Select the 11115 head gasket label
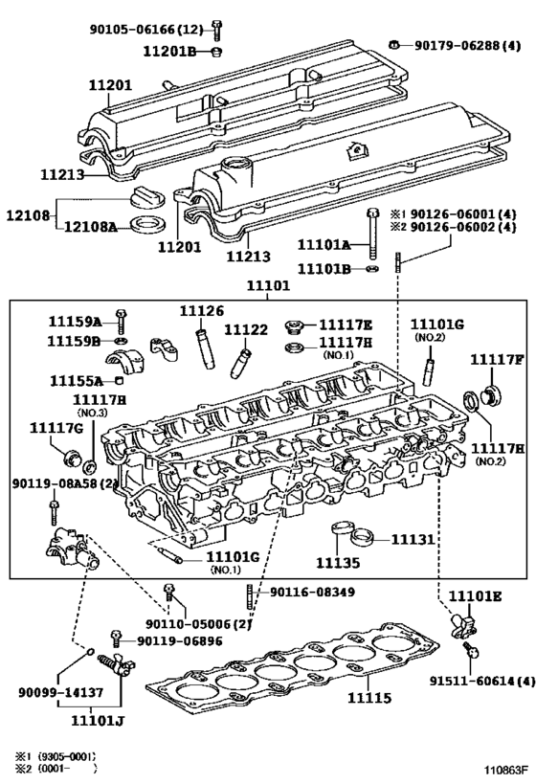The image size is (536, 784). [x=368, y=698]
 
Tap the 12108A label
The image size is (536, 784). [x=91, y=226]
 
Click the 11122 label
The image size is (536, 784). [x=246, y=329]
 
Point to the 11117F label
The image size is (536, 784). [x=496, y=359]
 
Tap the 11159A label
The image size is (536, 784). [x=75, y=322]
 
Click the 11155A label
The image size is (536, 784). [x=75, y=380]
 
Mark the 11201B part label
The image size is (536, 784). [x=170, y=51]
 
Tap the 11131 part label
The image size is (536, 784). [x=412, y=540]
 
